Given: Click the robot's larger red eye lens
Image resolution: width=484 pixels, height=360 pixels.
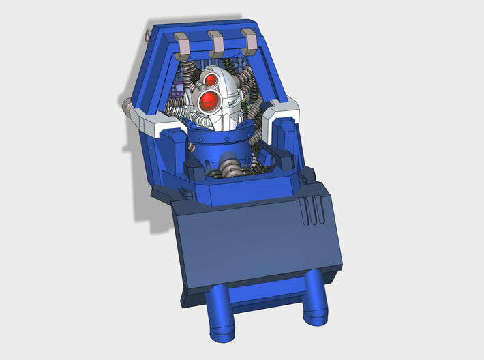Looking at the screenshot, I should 207,102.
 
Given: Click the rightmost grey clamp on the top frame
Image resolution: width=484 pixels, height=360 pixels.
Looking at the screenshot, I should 249,42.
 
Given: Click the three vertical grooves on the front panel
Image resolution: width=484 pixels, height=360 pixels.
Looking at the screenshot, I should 312,212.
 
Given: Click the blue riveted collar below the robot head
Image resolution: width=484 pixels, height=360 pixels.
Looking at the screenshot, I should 222,142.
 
